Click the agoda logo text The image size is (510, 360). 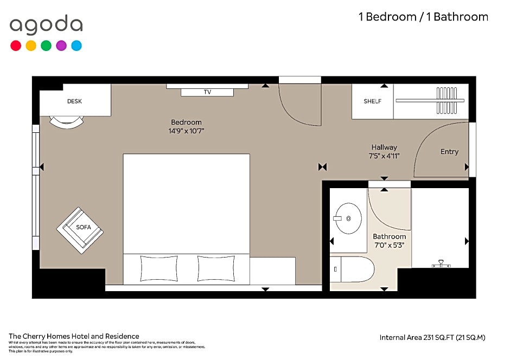pyautogui.click(x=46, y=25)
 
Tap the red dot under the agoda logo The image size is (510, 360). pyautogui.click(x=16, y=46)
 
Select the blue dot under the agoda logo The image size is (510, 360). pyautogui.click(x=76, y=46)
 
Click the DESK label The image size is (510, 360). pyautogui.click(x=75, y=101)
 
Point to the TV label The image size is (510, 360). pyautogui.click(x=207, y=92)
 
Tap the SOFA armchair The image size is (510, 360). pyautogui.click(x=80, y=230)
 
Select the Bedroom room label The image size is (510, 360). pyautogui.click(x=186, y=123)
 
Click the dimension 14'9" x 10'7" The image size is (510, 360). pyautogui.click(x=186, y=131)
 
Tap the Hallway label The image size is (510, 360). pyautogui.click(x=384, y=147)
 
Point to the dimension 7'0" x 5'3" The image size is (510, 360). pyautogui.click(x=389, y=245)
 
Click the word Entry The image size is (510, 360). pyautogui.click(x=449, y=152)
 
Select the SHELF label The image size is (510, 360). pyautogui.click(x=372, y=101)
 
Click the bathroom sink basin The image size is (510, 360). pyautogui.click(x=348, y=218)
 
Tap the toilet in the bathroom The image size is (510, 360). pyautogui.click(x=353, y=269)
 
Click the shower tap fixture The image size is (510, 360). pyautogui.click(x=441, y=264)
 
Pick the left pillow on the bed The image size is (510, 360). pyautogui.click(x=158, y=268)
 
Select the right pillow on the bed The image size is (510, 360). pyautogui.click(x=215, y=268)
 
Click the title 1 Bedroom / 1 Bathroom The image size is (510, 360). pyautogui.click(x=423, y=17)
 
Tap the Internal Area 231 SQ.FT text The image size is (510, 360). pyautogui.click(x=432, y=337)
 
